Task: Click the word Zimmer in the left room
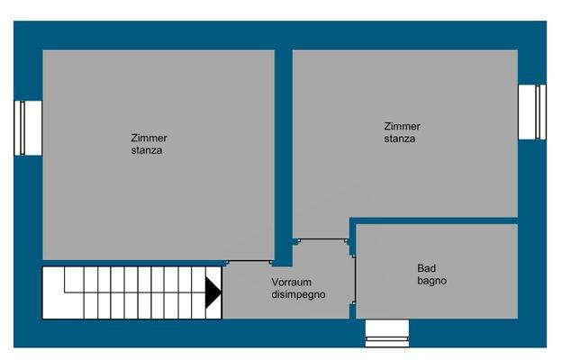[149, 138]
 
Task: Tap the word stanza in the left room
[146, 150]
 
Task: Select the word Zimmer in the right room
[402, 127]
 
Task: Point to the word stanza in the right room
[399, 139]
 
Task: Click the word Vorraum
[291, 282]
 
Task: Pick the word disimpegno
[298, 294]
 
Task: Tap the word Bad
[426, 268]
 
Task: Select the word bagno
[431, 281]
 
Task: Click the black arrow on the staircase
[213, 292]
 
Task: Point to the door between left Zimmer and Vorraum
[249, 262]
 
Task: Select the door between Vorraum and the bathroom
[355, 280]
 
